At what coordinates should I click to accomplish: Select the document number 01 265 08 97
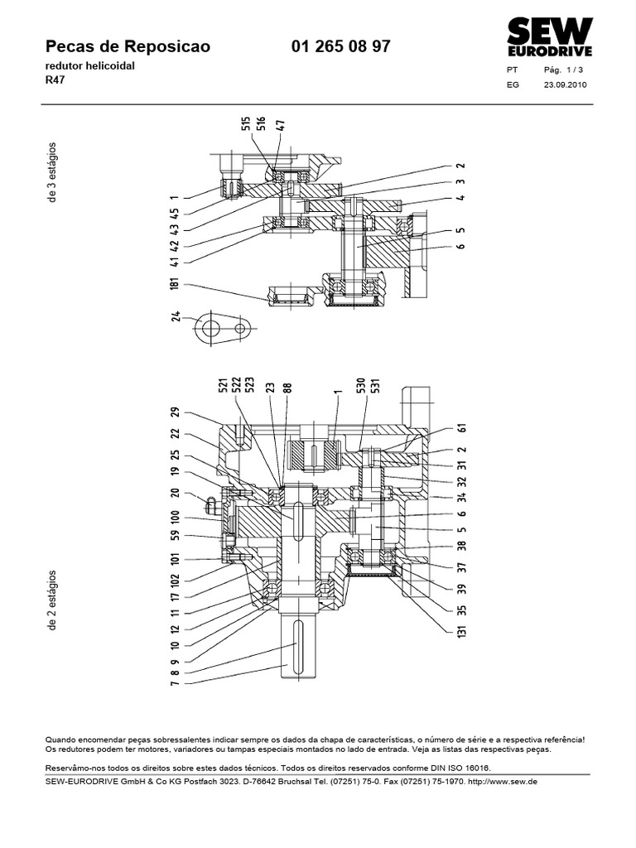[x=341, y=48]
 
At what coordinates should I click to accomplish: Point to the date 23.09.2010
[x=565, y=84]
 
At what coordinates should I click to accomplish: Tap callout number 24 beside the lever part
[x=176, y=316]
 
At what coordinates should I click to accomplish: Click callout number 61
[x=461, y=428]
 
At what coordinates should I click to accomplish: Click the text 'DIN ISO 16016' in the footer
[x=454, y=768]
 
